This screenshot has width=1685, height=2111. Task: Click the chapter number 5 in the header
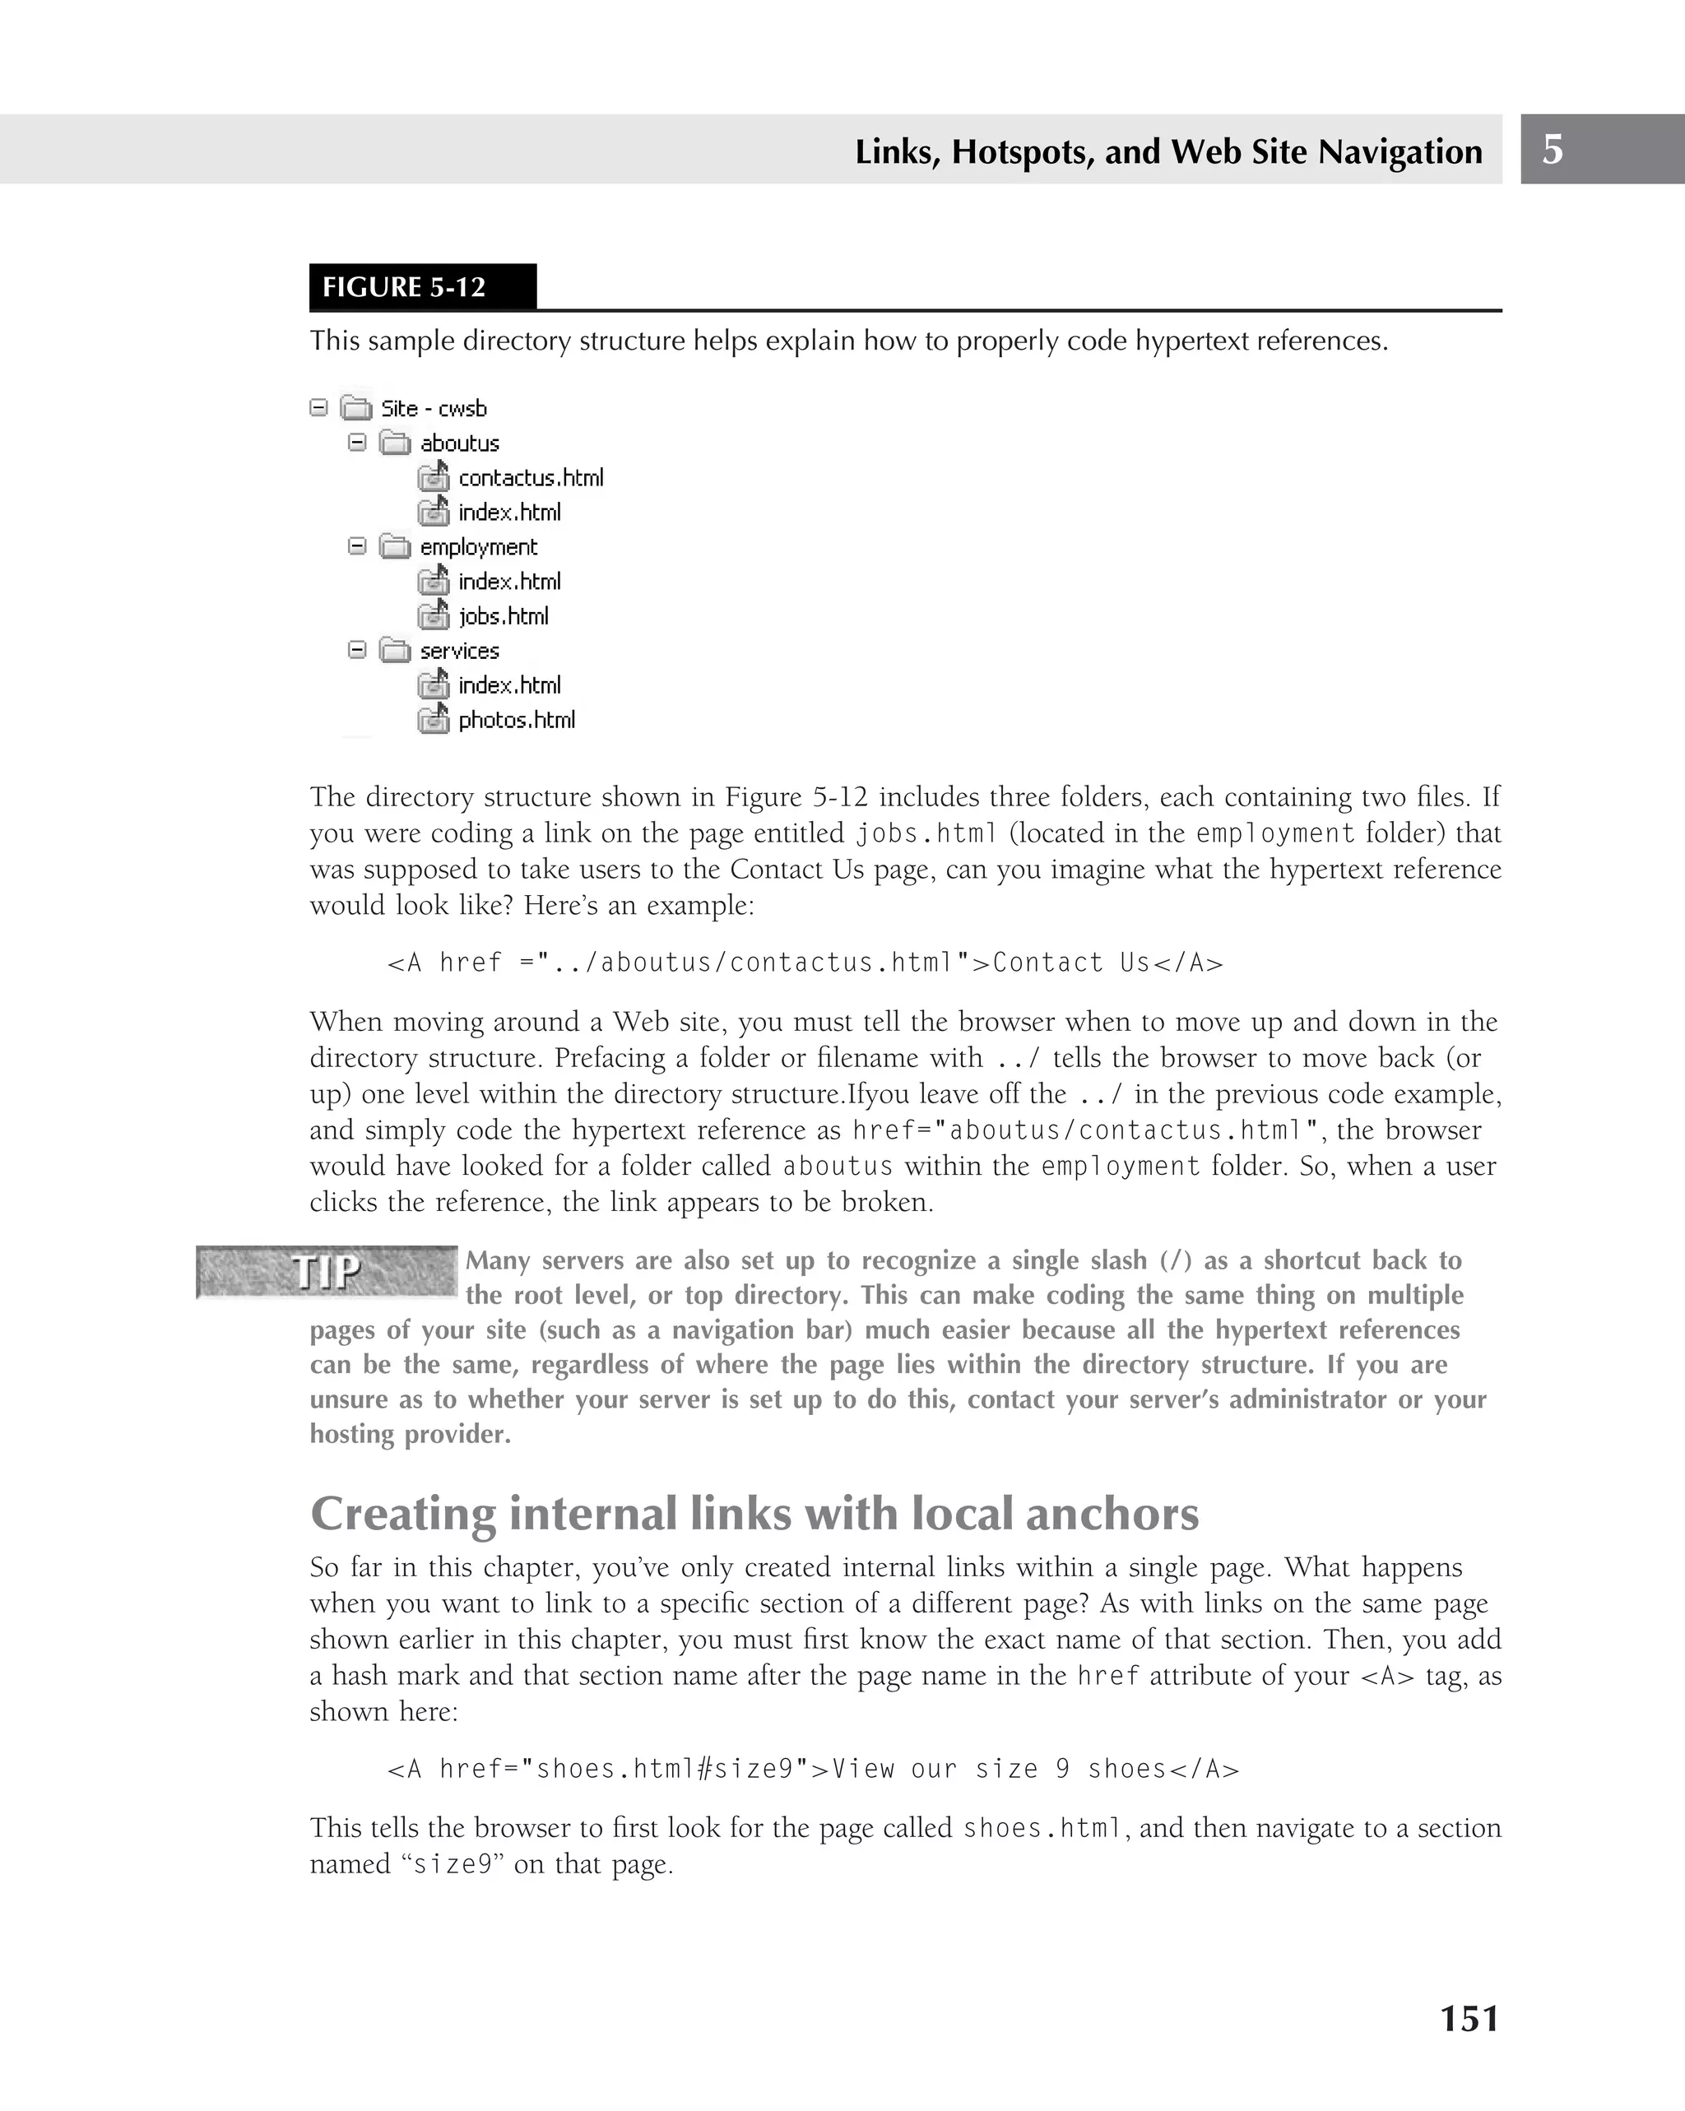pos(1552,150)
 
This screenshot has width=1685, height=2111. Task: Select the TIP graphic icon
pos(327,1272)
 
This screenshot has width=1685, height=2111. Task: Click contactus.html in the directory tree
pos(530,478)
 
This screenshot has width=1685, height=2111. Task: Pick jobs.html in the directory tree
pos(504,616)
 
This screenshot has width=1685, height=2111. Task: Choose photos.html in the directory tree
pos(516,720)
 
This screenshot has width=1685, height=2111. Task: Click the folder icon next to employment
pos(395,546)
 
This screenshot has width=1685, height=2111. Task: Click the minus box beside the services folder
pos(357,649)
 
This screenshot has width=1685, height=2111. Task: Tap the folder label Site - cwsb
pos(434,408)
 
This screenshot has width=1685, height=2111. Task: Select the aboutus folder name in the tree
pos(459,443)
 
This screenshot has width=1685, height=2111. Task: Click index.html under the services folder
pos(509,685)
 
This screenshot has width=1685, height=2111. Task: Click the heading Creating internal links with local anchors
pos(754,1513)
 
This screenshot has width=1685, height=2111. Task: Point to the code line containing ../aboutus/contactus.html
pos(805,963)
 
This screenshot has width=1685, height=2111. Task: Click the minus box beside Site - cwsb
pos(318,407)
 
